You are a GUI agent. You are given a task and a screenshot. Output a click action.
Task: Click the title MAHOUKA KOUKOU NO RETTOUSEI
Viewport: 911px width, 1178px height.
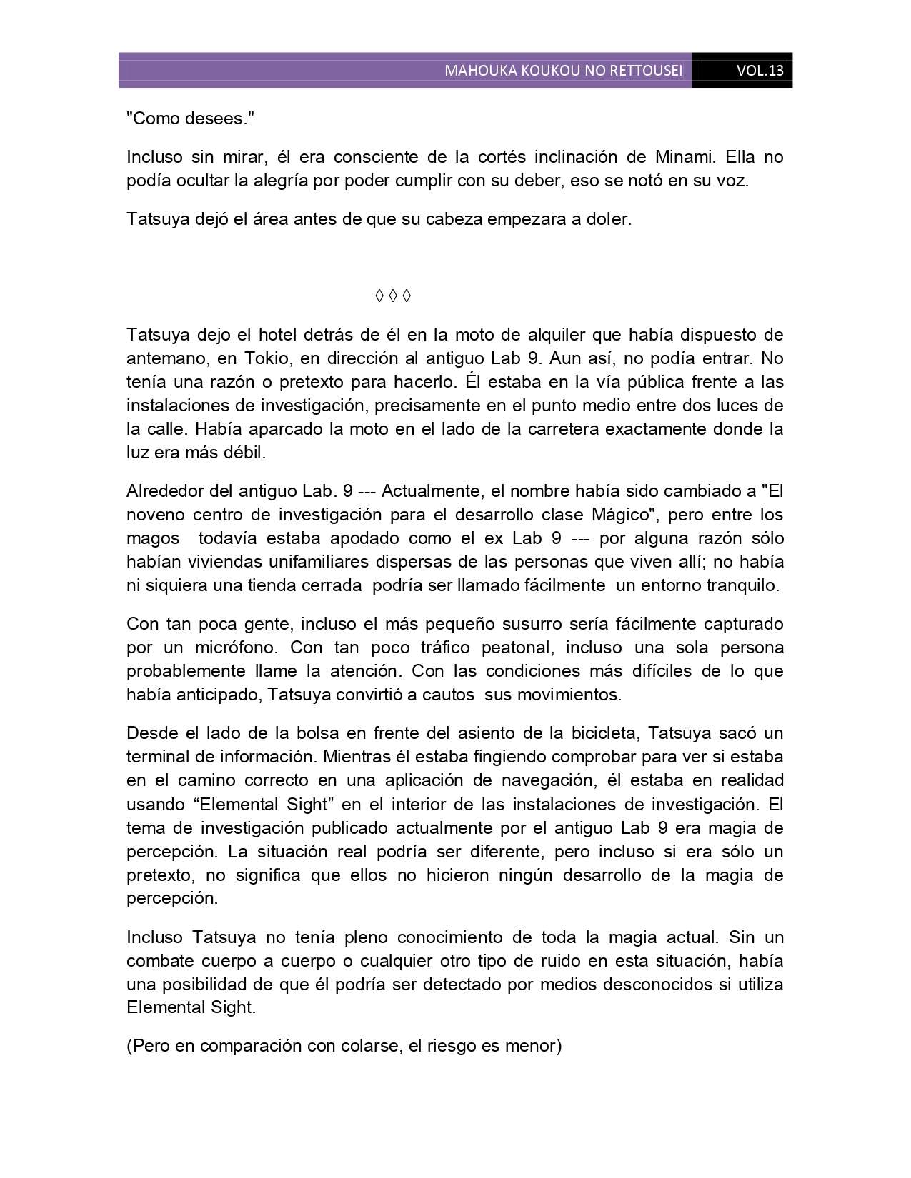563,71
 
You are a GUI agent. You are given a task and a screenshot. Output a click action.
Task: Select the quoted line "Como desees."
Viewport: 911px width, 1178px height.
190,119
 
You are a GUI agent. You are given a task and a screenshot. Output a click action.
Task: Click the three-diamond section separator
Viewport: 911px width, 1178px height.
393,296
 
